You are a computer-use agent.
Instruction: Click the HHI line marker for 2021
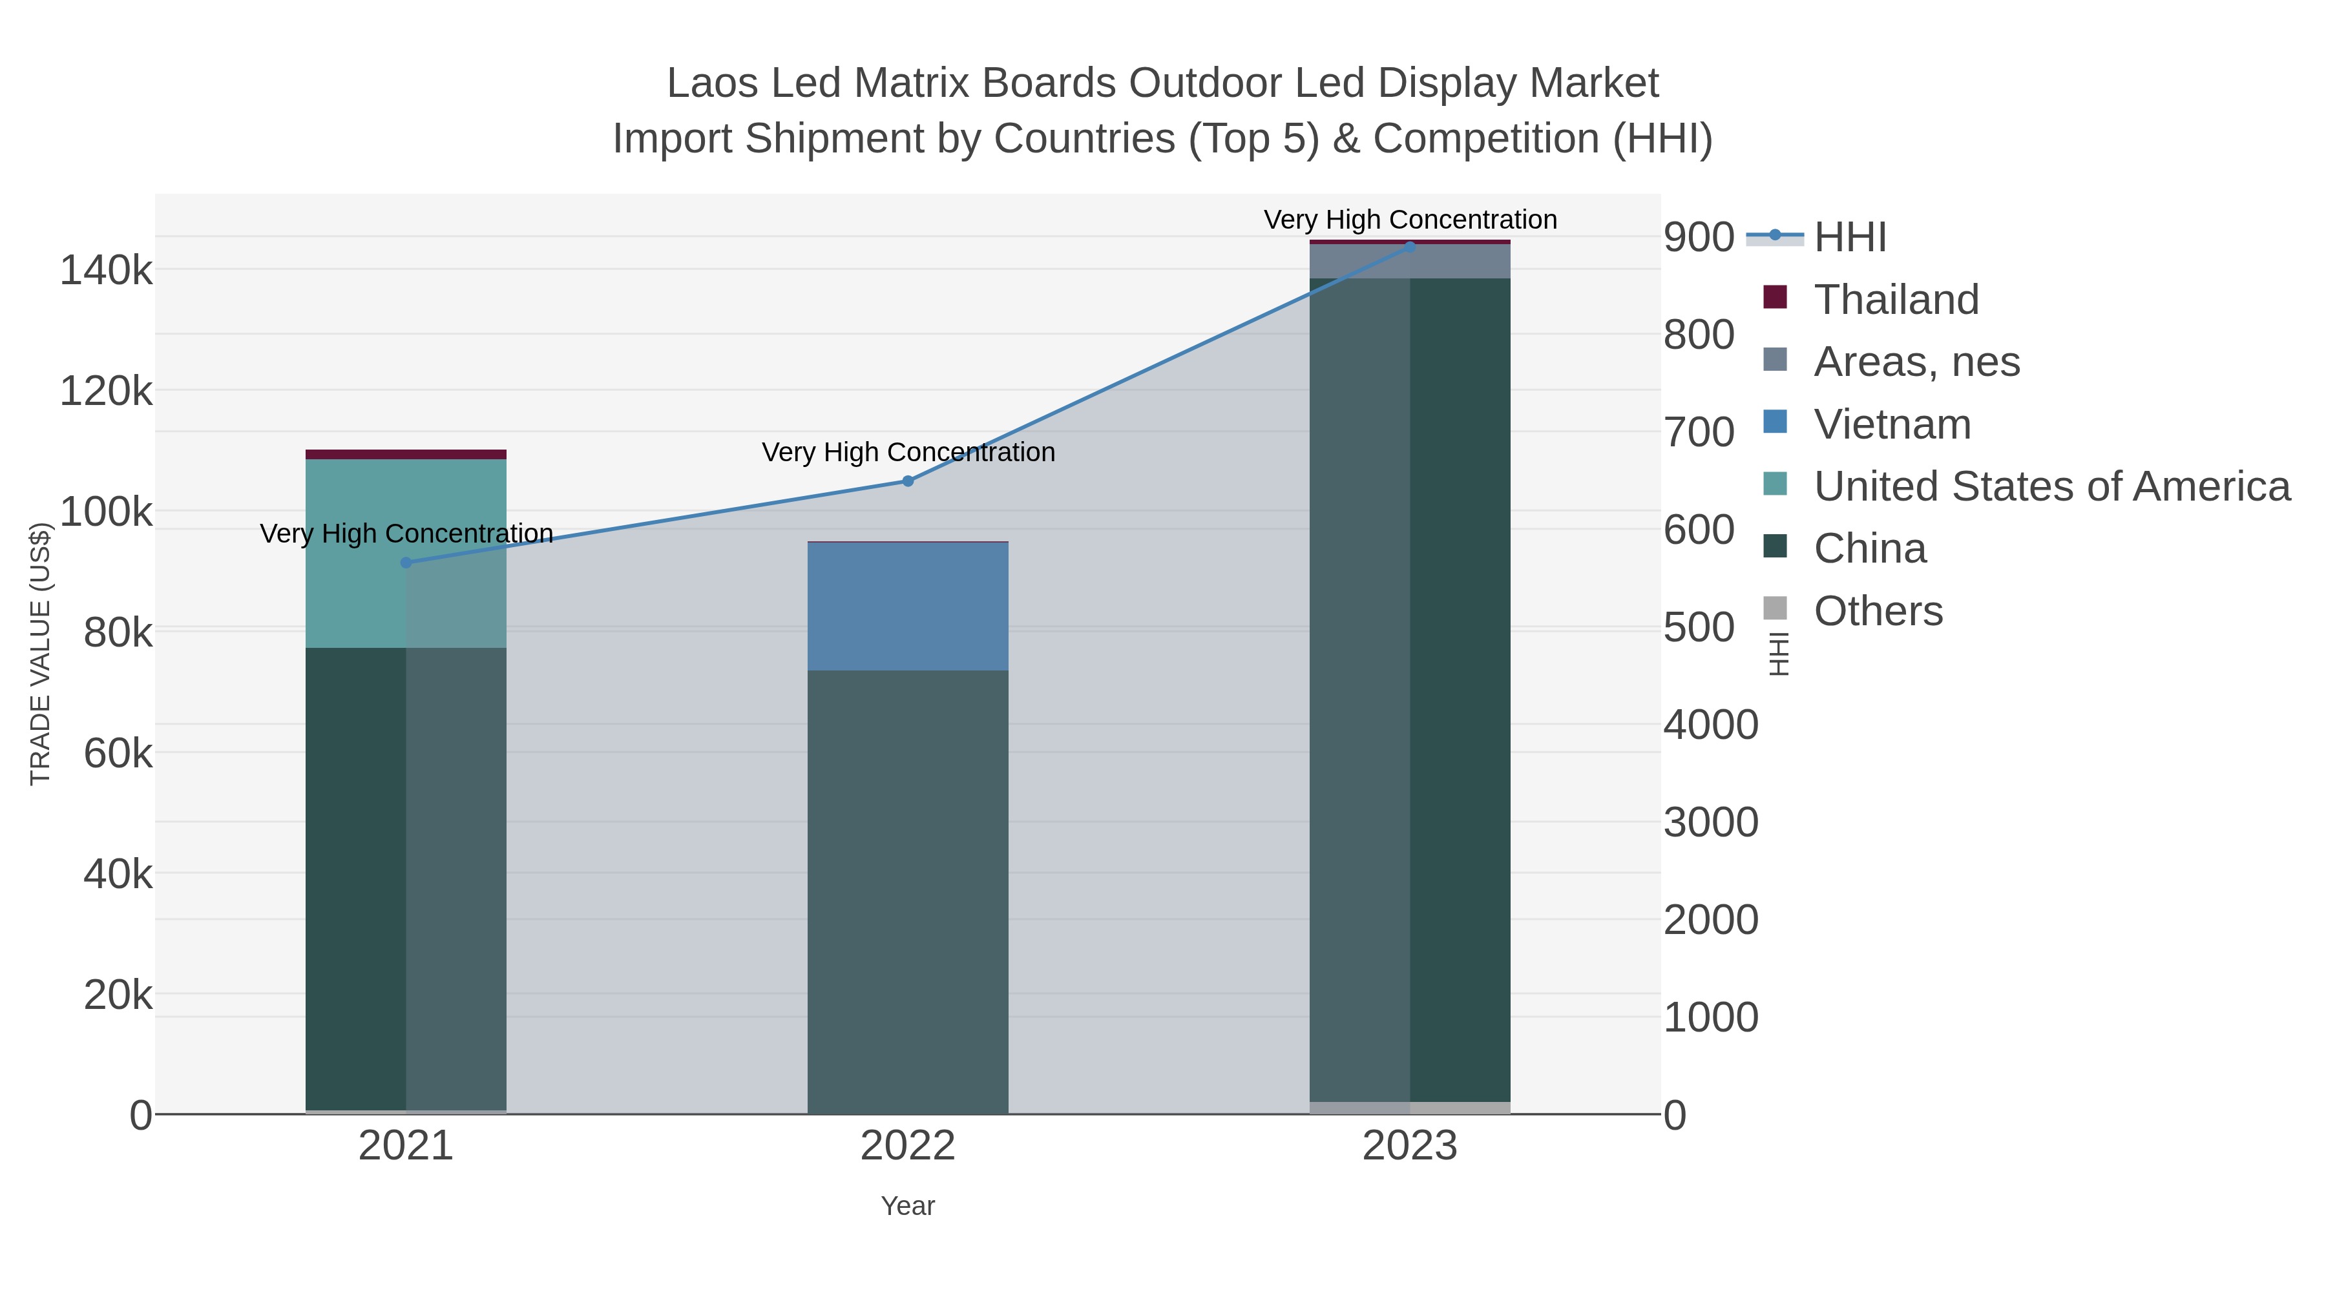click(x=405, y=563)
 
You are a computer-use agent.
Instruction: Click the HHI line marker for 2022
click(x=908, y=481)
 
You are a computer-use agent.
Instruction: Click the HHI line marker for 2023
click(x=1410, y=247)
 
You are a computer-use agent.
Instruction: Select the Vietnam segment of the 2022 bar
click(x=908, y=606)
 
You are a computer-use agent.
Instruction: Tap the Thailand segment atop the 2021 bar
click(x=405, y=454)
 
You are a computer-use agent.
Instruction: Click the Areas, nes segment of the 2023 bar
click(x=1410, y=262)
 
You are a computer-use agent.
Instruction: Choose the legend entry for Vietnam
click(x=1892, y=424)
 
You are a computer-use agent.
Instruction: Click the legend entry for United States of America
click(x=2051, y=486)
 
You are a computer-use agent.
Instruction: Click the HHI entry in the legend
click(x=1849, y=238)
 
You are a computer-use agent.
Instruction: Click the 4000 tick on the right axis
click(x=1710, y=725)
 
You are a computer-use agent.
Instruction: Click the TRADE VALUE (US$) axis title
click(x=41, y=654)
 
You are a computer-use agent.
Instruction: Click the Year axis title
click(x=908, y=1206)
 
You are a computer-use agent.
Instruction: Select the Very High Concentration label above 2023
click(x=1410, y=220)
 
